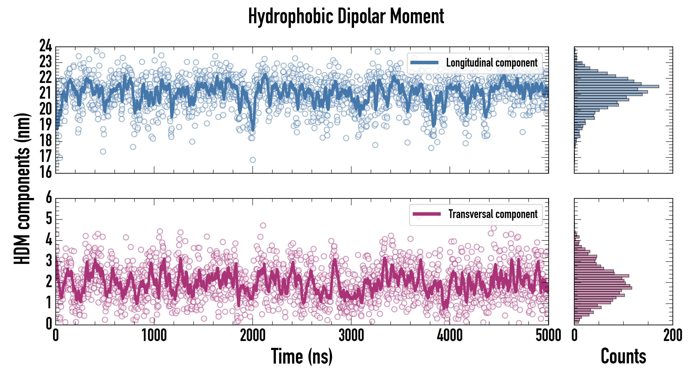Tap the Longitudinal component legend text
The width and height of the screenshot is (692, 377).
[492, 63]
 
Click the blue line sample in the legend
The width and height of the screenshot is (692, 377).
[424, 63]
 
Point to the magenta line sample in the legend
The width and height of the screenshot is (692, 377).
[427, 214]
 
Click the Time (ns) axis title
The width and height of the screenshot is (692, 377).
[302, 356]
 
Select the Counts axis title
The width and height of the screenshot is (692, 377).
[623, 356]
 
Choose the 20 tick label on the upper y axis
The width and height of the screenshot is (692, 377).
[46, 109]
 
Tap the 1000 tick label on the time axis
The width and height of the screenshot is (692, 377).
[154, 335]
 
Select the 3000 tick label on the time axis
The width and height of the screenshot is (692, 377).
[351, 335]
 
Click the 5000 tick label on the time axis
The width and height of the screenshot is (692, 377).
[548, 335]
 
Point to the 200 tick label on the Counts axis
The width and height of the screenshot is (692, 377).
[672, 335]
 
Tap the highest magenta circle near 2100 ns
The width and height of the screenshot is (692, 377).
[263, 225]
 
